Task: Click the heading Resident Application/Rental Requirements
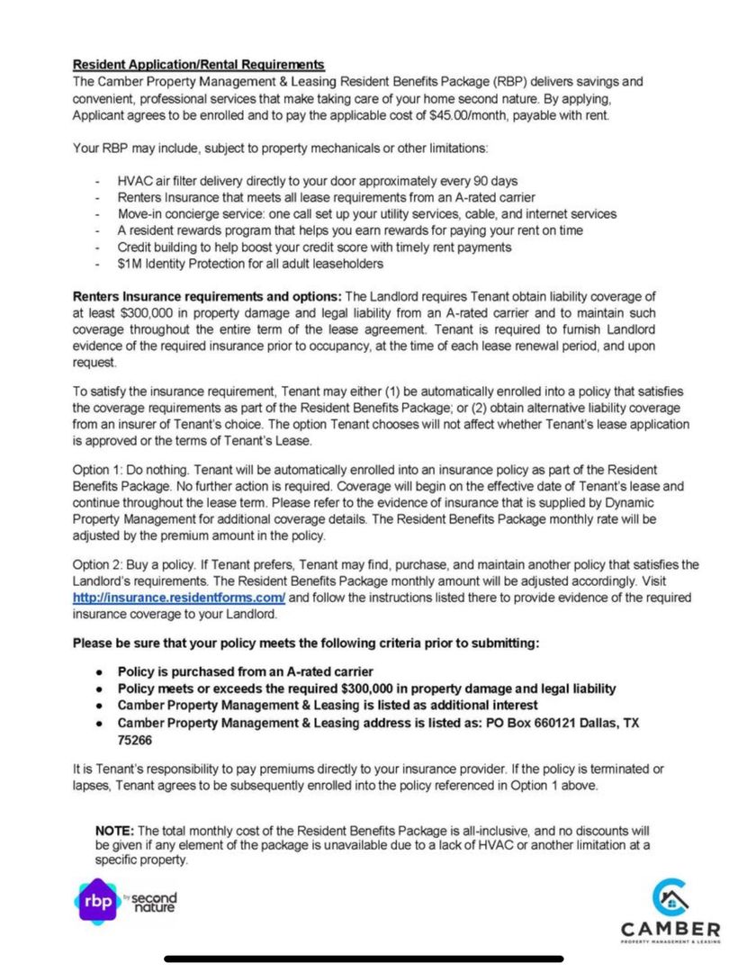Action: [198, 65]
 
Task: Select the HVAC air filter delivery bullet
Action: [317, 181]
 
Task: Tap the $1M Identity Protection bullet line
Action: [250, 263]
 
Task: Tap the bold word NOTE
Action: [114, 830]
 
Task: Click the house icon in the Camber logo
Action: [670, 897]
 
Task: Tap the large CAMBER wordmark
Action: [670, 929]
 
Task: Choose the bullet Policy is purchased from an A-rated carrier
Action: [245, 671]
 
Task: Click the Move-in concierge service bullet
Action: [366, 214]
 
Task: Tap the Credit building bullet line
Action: [314, 247]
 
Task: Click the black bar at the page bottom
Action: [364, 958]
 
